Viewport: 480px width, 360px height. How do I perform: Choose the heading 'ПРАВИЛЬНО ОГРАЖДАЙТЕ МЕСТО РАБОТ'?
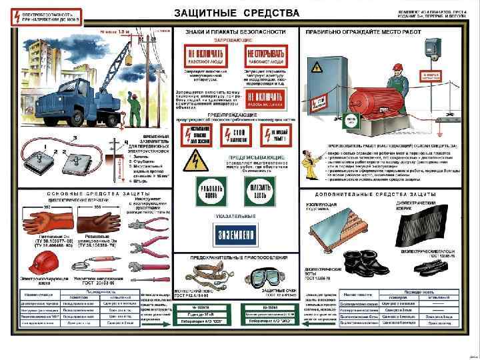363,31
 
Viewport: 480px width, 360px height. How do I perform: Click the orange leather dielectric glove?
27,223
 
